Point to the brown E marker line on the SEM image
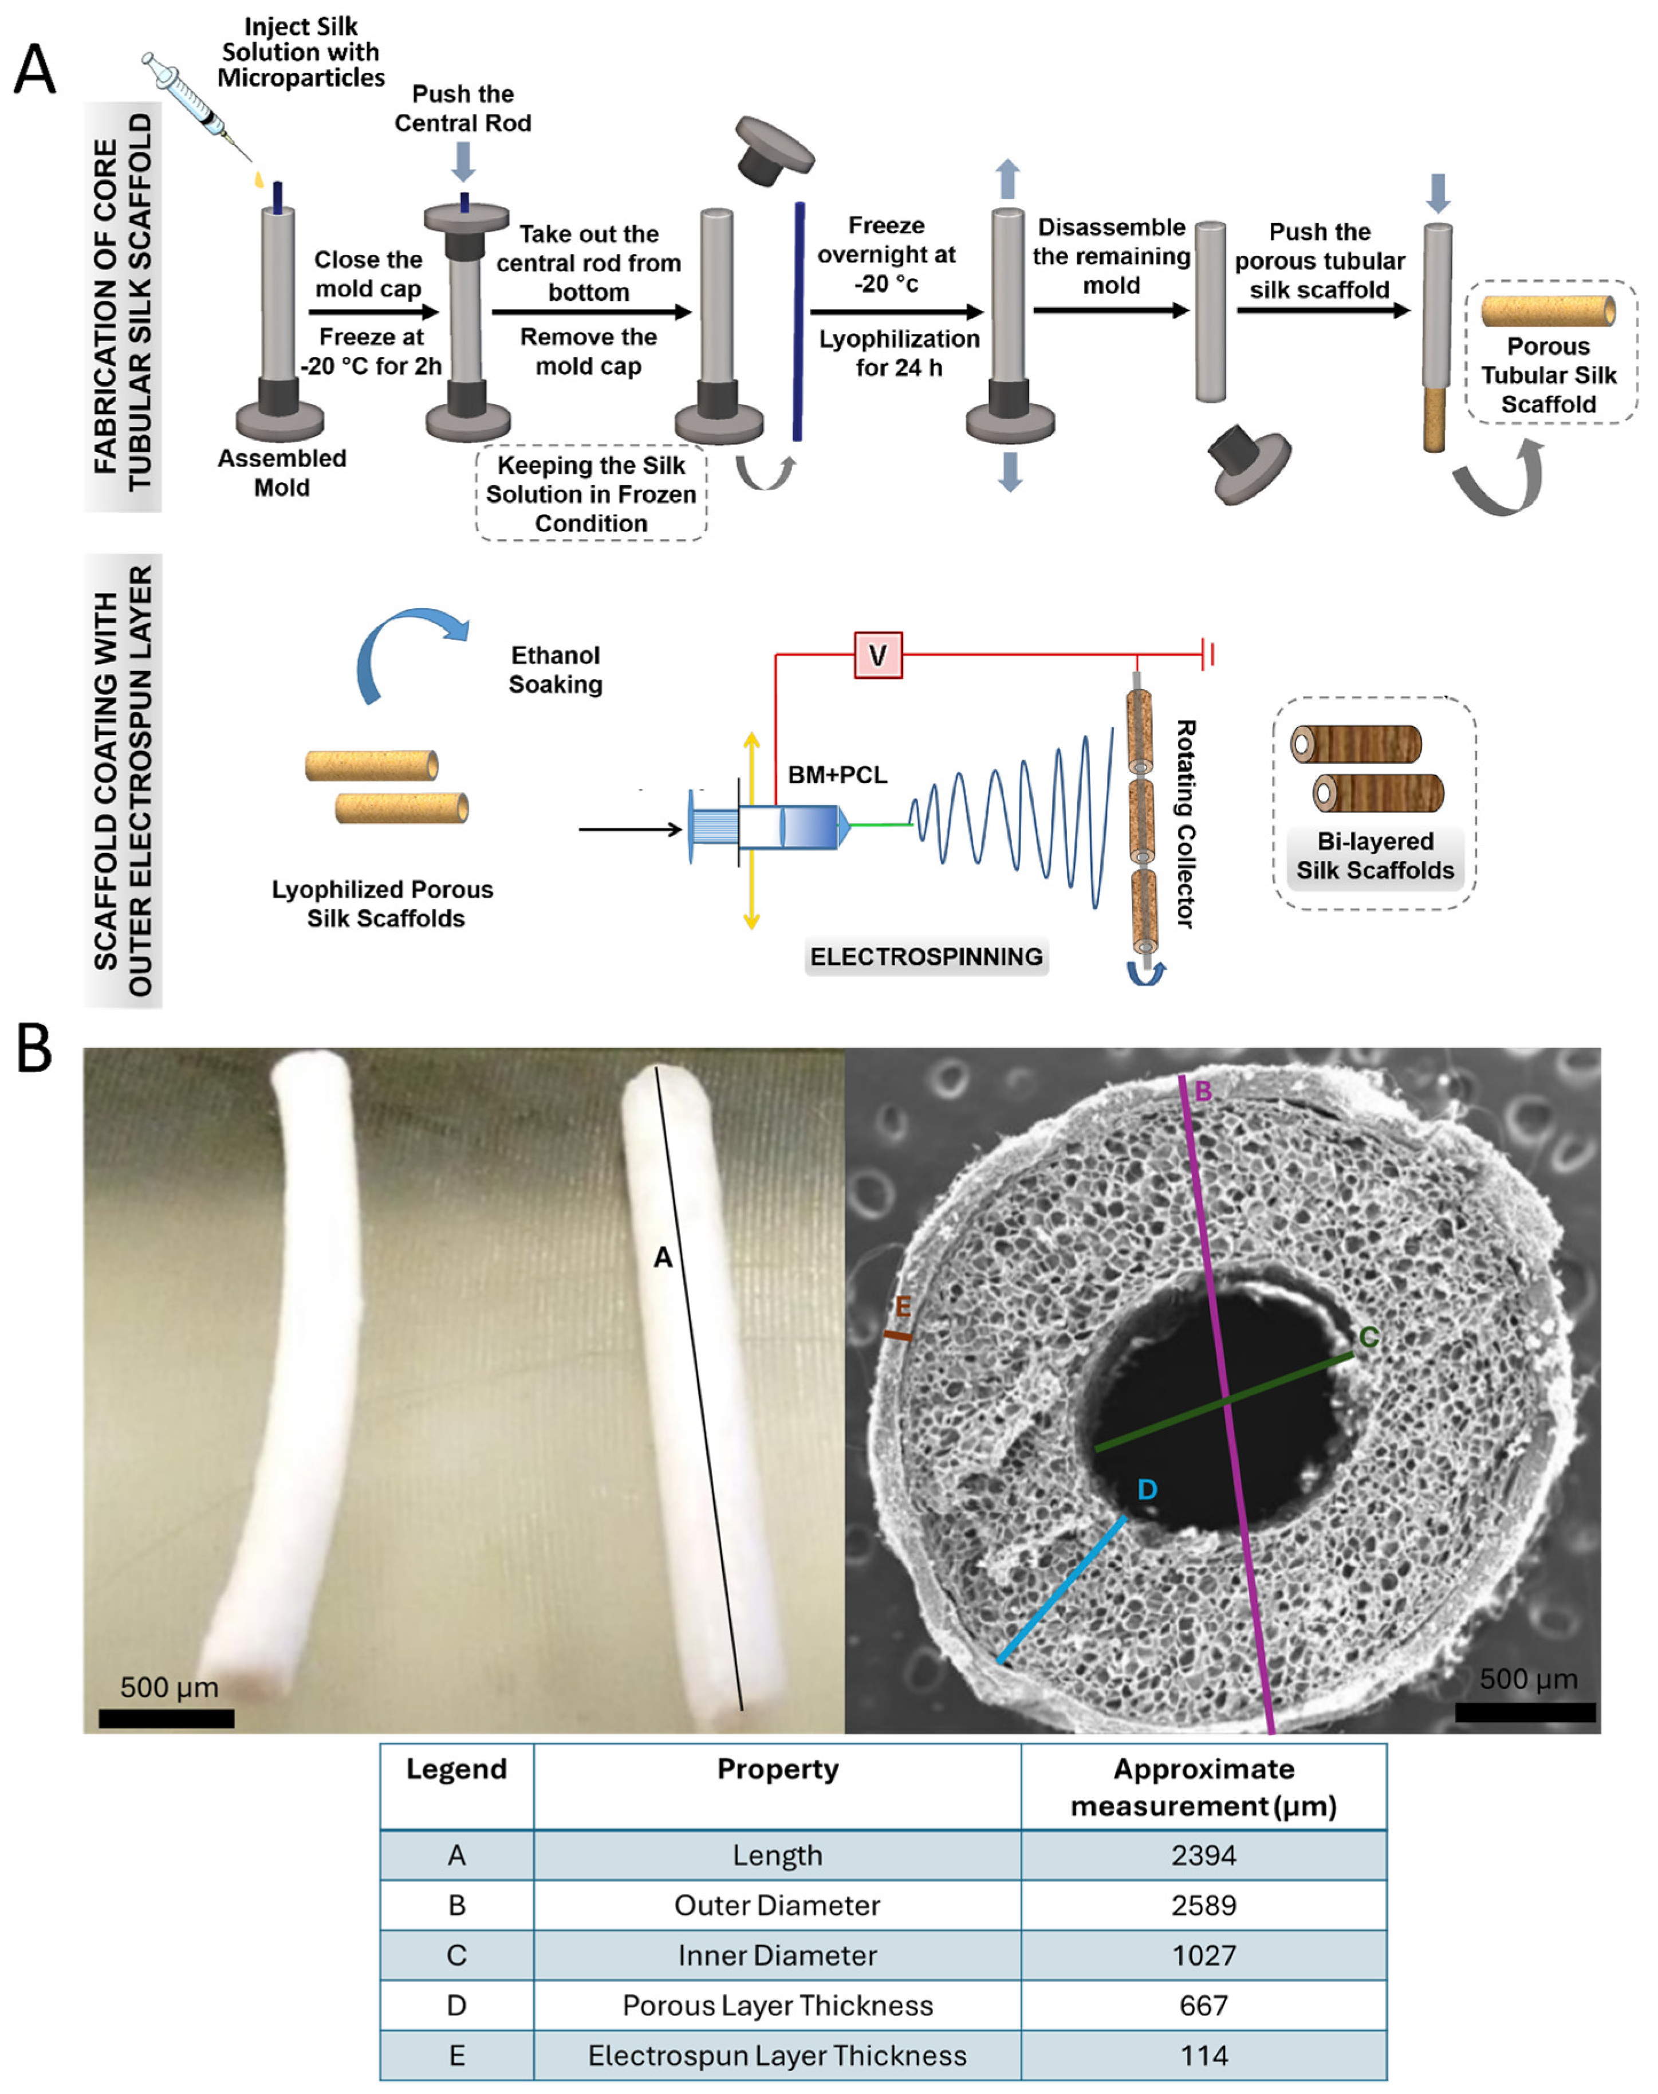[x=897, y=1337]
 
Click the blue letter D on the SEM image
[x=1147, y=1489]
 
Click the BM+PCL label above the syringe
[x=837, y=775]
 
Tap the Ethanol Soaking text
[x=556, y=670]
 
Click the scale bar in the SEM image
[x=1525, y=1712]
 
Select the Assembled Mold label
[x=282, y=473]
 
